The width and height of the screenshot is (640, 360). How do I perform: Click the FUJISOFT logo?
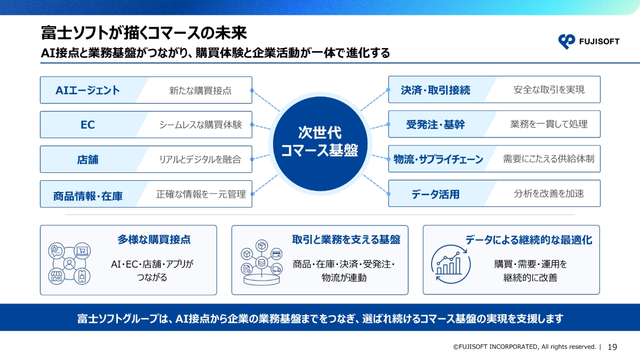[x=589, y=42]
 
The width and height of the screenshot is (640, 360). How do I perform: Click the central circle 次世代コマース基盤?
[x=320, y=143]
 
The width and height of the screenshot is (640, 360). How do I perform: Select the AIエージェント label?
[x=87, y=90]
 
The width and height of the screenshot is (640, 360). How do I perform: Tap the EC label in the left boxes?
[x=87, y=125]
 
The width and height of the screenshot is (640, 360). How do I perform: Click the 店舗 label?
[x=87, y=159]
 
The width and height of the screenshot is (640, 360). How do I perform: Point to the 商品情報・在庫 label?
[x=87, y=196]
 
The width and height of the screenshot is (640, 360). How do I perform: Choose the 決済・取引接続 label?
[x=435, y=90]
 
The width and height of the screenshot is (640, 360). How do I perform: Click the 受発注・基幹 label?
[x=435, y=125]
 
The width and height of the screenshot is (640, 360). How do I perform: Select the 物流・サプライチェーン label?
[x=438, y=159]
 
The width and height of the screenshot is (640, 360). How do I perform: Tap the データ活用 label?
[x=435, y=194]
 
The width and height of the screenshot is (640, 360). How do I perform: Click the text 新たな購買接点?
[x=200, y=91]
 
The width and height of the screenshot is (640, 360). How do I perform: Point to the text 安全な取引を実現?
[x=549, y=90]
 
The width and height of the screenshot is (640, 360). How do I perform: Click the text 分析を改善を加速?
[x=549, y=194]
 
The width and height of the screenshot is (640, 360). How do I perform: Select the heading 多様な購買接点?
[x=154, y=239]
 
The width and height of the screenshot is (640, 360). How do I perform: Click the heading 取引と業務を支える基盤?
[x=346, y=239]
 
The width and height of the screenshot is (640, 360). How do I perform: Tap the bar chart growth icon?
[x=451, y=264]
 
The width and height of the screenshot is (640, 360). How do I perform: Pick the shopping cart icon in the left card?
[x=82, y=251]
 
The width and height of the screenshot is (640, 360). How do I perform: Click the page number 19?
[x=612, y=347]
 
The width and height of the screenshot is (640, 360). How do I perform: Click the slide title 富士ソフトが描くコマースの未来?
[x=143, y=33]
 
